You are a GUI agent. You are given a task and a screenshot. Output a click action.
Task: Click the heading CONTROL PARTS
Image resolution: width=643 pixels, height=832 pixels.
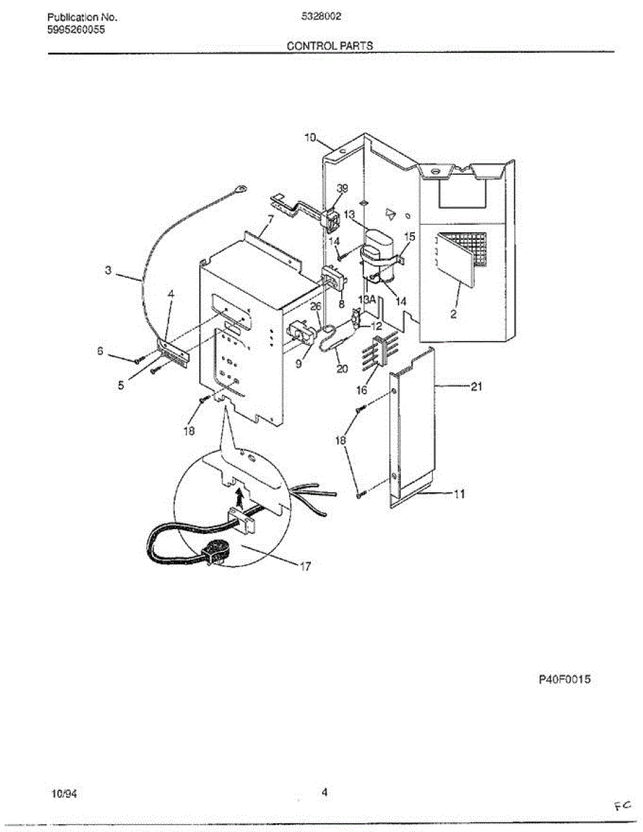330,46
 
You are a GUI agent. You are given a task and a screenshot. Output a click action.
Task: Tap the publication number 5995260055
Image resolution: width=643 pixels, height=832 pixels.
76,28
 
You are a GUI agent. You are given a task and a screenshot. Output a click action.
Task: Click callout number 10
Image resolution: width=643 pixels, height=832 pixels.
310,137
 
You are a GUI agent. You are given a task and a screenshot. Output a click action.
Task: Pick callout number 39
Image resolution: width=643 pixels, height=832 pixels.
342,189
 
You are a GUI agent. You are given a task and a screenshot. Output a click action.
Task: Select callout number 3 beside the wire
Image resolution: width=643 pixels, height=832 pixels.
109,270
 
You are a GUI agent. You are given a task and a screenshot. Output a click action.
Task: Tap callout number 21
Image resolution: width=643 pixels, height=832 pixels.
476,387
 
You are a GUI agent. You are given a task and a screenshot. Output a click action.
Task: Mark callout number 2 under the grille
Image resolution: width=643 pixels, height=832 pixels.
453,314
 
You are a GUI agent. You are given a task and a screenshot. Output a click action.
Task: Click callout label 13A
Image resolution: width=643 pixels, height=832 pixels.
366,300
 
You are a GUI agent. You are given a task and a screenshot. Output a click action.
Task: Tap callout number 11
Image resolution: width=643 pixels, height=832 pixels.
459,494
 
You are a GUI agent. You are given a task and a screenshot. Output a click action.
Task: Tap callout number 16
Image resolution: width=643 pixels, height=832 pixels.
361,390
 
